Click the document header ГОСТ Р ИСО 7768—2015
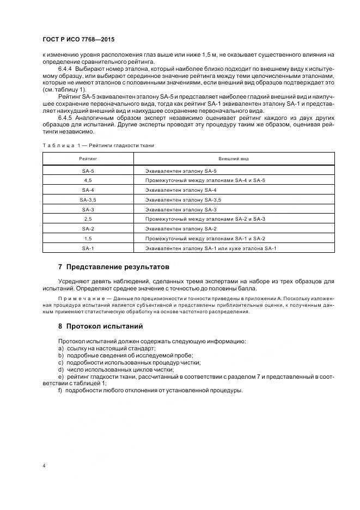(78, 40)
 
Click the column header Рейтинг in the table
(88, 159)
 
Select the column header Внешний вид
(234, 159)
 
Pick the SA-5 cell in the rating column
(88, 171)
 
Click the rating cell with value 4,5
(88, 180)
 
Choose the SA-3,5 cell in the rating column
(88, 200)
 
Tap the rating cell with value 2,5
(88, 219)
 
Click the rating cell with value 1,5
(88, 239)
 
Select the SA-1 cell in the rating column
(88, 248)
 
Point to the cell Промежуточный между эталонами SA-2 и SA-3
(205, 219)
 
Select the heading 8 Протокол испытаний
(100, 326)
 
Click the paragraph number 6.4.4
(65, 70)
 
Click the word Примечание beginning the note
(77, 299)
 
